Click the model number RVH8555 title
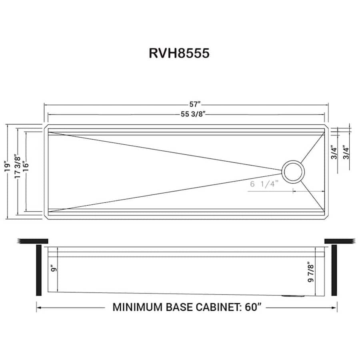click(x=179, y=53)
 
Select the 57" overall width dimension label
click(x=195, y=105)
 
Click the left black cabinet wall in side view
click(x=39, y=270)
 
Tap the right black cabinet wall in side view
click(x=334, y=270)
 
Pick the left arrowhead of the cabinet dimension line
click(x=38, y=308)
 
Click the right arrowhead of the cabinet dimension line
click(x=335, y=308)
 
